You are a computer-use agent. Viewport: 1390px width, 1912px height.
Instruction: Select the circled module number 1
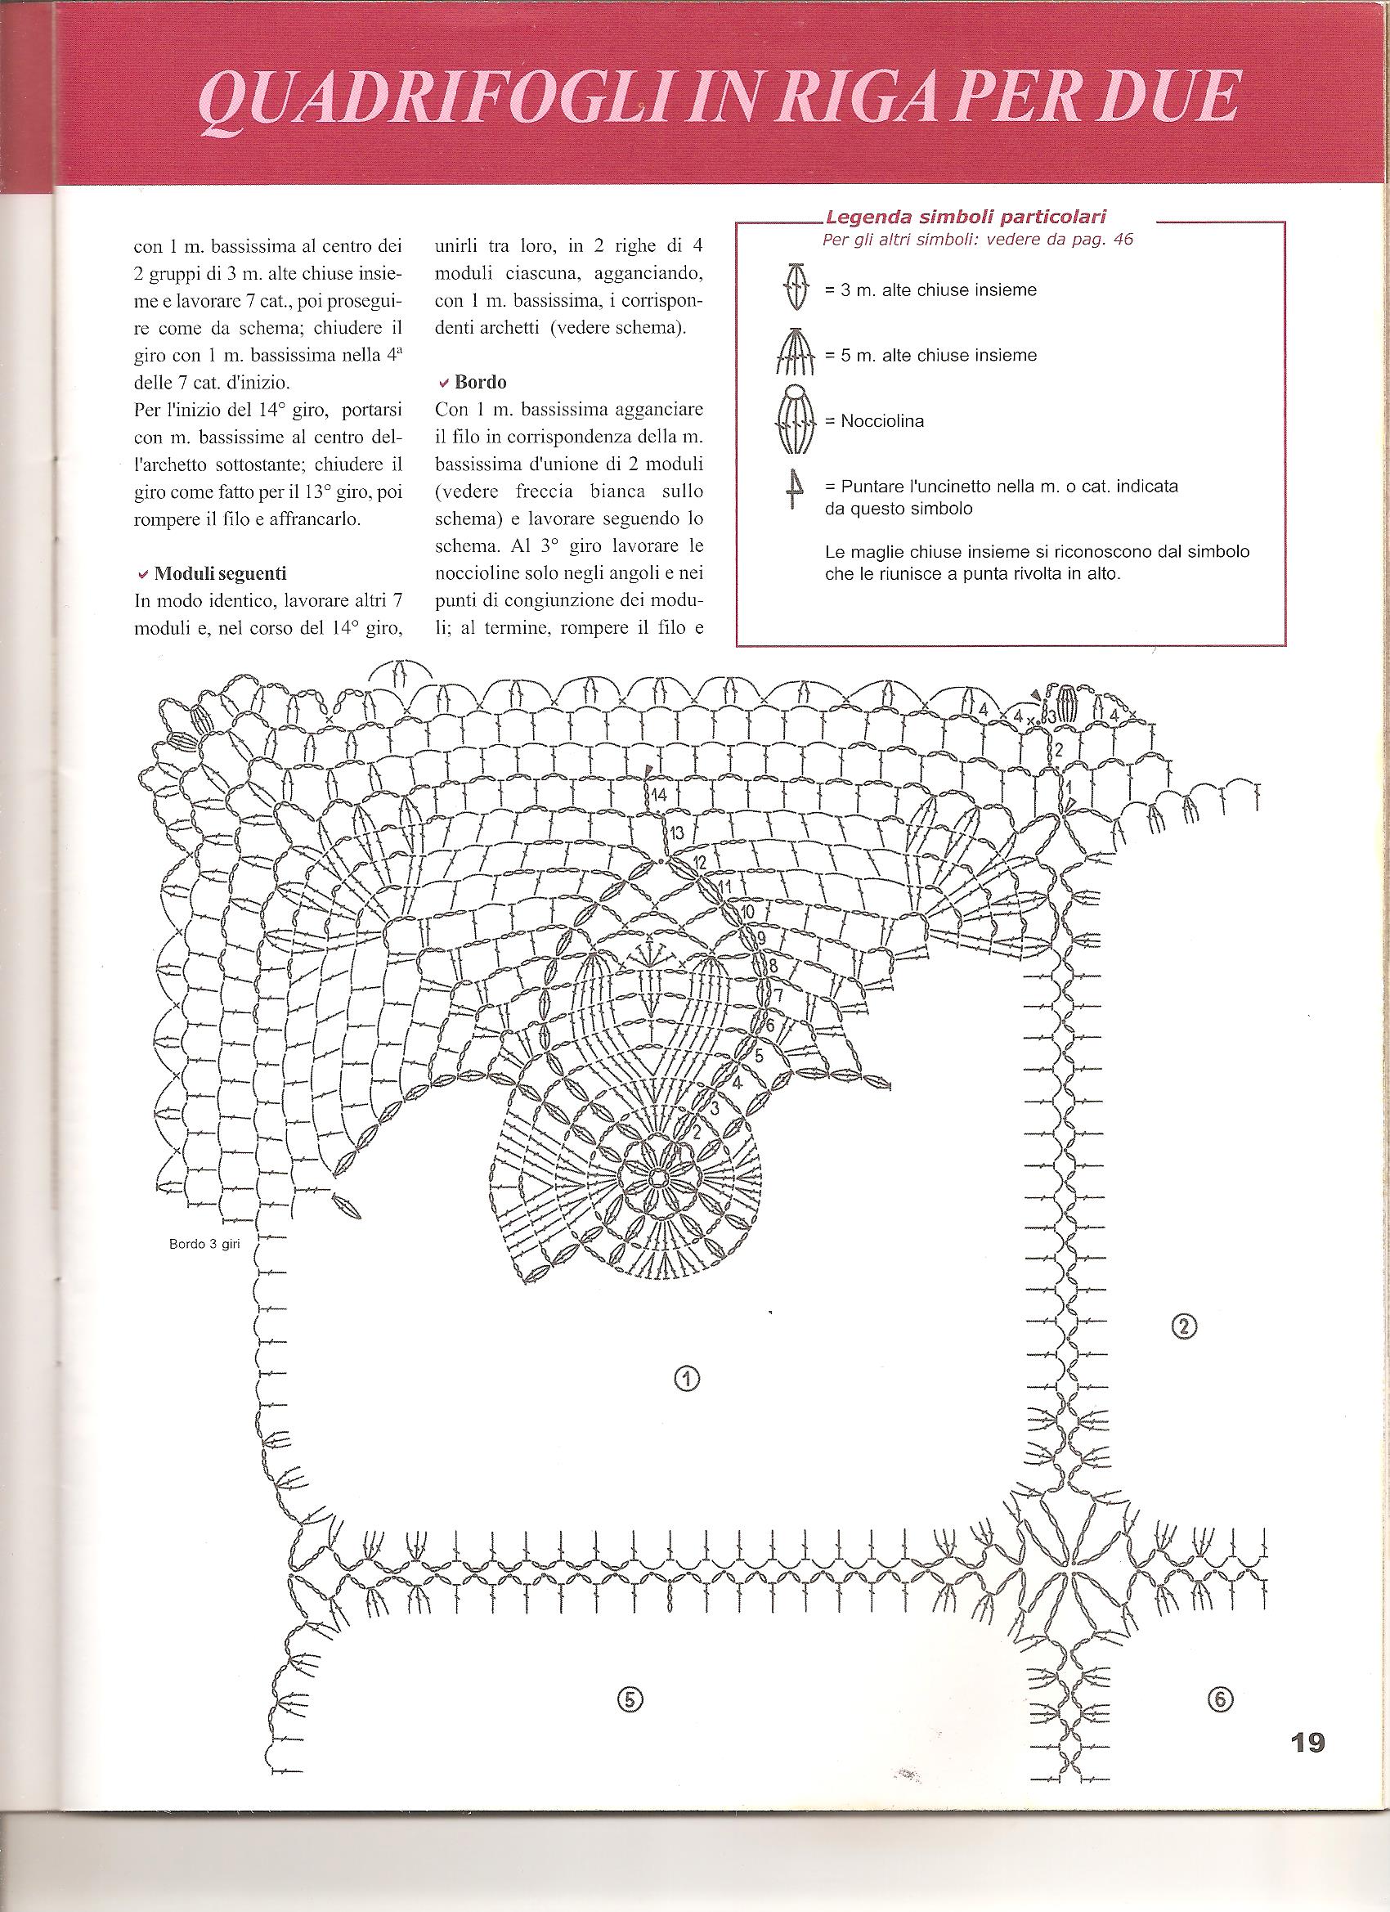(x=687, y=1378)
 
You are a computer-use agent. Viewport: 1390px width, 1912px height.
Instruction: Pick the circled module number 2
(x=1184, y=1326)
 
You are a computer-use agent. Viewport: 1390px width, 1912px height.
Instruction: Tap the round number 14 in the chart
(x=658, y=794)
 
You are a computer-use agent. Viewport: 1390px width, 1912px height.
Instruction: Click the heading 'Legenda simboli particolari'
(x=966, y=217)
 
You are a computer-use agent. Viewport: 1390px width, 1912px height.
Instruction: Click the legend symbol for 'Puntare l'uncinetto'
(x=794, y=490)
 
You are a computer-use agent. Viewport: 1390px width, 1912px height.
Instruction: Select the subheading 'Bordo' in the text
(x=480, y=382)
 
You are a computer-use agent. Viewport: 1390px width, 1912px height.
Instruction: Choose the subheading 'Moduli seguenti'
(x=219, y=573)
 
